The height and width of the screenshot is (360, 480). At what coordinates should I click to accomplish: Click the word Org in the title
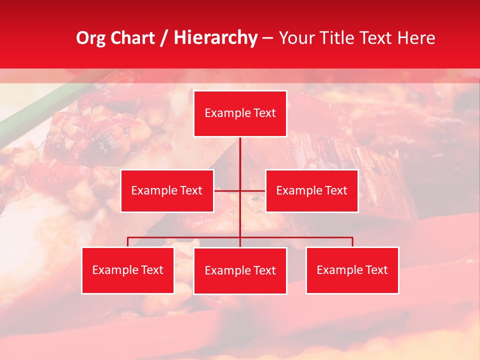91,38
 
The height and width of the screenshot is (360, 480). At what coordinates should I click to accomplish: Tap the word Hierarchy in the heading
215,38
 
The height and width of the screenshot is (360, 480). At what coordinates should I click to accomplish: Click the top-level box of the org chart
240,113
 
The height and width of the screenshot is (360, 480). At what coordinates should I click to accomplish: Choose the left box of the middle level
167,190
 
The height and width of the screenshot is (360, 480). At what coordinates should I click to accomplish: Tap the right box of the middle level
312,190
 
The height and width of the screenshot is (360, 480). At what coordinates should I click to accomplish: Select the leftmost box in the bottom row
128,270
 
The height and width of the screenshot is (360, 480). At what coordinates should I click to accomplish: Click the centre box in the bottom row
240,270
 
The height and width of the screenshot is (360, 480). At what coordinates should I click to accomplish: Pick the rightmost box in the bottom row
352,270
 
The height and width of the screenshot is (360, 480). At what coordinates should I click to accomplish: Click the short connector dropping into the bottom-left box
128,242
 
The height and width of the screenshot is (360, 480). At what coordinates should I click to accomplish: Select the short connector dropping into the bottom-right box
352,242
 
